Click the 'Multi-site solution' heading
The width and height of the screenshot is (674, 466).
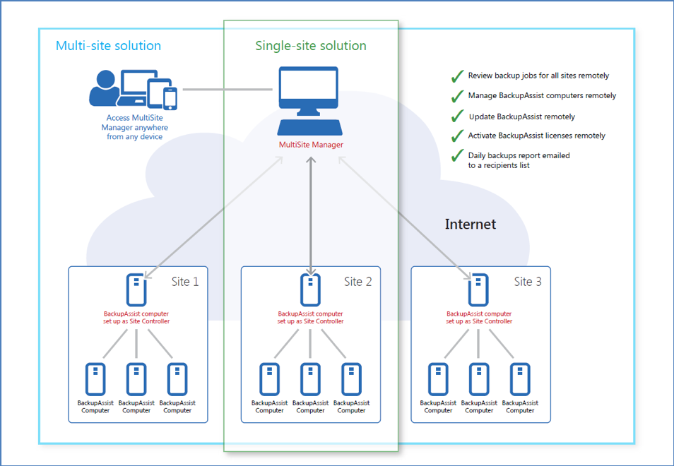click(x=108, y=46)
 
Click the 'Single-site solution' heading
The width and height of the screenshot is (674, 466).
click(x=311, y=46)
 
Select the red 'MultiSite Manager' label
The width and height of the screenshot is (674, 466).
click(x=311, y=145)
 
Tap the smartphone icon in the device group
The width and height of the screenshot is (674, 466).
click(x=170, y=98)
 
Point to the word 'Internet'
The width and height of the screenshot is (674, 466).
click(x=471, y=225)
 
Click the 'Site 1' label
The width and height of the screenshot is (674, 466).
click(x=185, y=282)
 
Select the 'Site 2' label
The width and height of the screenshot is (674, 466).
click(x=358, y=282)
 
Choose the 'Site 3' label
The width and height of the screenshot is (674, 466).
click(x=528, y=282)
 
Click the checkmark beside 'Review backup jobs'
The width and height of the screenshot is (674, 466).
click(x=457, y=76)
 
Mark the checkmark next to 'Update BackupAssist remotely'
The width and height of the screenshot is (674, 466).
click(x=457, y=116)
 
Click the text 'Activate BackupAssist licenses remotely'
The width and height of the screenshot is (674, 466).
click(x=537, y=136)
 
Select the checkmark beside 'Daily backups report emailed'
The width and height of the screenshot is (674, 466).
click(x=457, y=156)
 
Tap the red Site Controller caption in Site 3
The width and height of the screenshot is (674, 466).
click(x=479, y=317)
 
